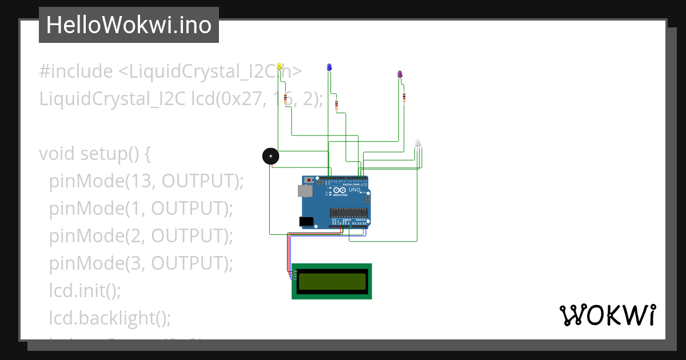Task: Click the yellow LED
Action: [279, 67]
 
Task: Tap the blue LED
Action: [329, 68]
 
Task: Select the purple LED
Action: [400, 75]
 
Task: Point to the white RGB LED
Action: [418, 143]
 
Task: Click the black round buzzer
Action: [270, 156]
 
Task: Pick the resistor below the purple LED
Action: [404, 98]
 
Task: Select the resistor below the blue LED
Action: [336, 105]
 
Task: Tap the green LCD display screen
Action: [332, 281]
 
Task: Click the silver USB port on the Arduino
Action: [305, 191]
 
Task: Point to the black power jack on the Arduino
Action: [306, 221]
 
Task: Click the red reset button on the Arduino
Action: [310, 181]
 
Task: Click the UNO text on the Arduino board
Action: [354, 190]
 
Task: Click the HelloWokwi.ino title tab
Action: [129, 25]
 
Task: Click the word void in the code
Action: [57, 154]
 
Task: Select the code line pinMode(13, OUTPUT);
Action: [146, 181]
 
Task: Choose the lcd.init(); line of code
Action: [85, 290]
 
